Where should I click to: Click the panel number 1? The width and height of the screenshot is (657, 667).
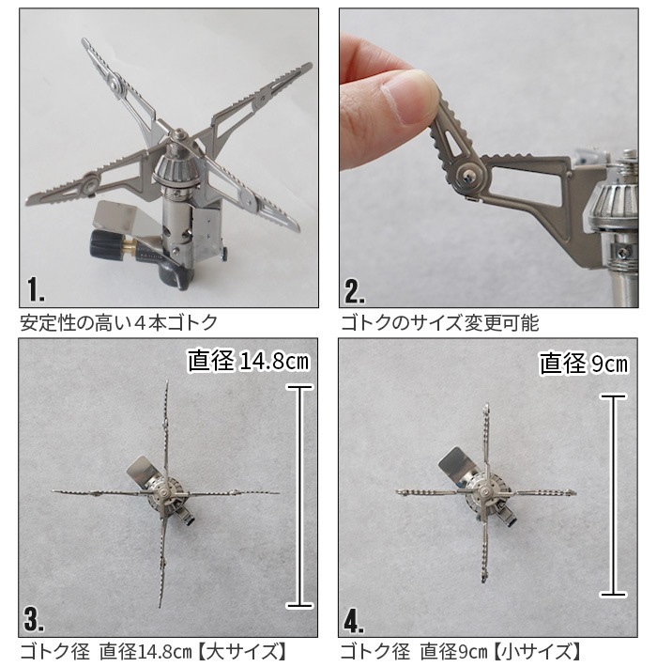[36, 289]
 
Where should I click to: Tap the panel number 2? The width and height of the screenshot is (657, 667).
[355, 291]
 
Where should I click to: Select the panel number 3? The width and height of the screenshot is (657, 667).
[34, 619]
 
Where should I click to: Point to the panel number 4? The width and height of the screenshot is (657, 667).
[354, 621]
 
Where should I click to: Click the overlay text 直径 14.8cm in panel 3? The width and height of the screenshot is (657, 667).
[249, 361]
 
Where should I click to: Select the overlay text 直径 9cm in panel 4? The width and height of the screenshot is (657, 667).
[583, 364]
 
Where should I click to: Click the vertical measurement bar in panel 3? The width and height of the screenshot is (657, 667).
[299, 496]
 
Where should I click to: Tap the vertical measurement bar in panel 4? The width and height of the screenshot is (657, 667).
[613, 496]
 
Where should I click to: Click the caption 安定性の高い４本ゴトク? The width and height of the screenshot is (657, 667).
[119, 323]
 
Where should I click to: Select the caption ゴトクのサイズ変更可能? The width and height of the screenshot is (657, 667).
[440, 323]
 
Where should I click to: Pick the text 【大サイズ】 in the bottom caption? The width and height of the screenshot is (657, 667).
[242, 652]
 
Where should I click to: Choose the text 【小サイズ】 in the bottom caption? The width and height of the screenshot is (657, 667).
[536, 652]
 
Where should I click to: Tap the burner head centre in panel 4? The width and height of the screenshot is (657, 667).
[483, 491]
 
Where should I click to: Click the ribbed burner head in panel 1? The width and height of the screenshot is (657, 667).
[176, 168]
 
